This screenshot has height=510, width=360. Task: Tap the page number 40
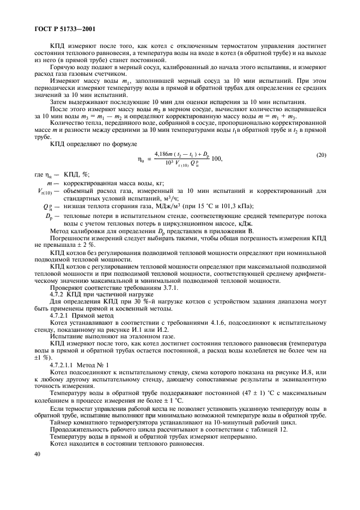tap(38, 454)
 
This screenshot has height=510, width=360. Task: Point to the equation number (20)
tap(321, 156)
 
